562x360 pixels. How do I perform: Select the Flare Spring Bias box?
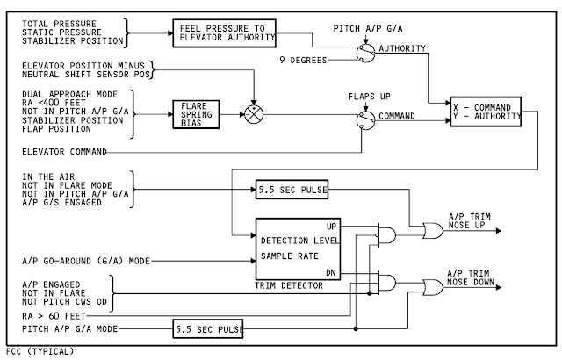pos(194,113)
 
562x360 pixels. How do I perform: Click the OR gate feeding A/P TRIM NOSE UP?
pos(432,232)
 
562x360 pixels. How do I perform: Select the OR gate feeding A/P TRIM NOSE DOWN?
pos(432,287)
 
